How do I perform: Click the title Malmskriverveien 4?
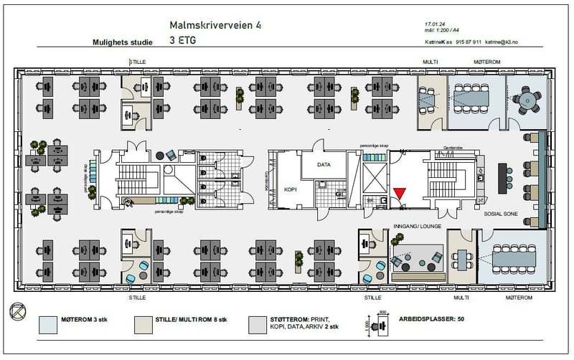pyautogui.click(x=215, y=25)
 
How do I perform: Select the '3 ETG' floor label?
pyautogui.click(x=183, y=41)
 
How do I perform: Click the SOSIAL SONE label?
pyautogui.click(x=502, y=214)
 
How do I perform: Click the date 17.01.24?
pyautogui.click(x=435, y=25)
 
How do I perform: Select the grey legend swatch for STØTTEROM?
pyautogui.click(x=263, y=325)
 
